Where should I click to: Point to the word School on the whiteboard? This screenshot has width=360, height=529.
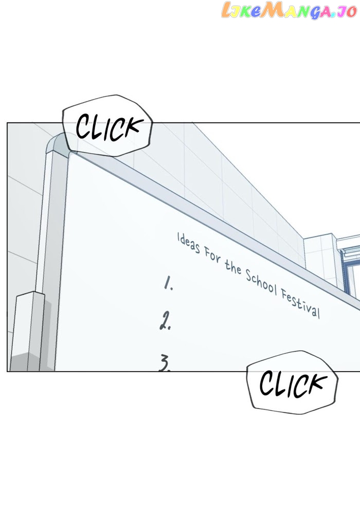261,282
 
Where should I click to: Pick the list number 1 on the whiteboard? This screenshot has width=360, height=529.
168,283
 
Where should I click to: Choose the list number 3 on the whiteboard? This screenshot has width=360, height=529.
165,362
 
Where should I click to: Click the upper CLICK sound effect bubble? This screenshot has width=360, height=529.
107,126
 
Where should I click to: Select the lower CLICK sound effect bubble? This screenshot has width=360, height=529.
292,382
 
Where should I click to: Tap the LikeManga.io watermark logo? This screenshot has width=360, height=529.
289,10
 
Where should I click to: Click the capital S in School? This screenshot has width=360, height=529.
249,276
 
